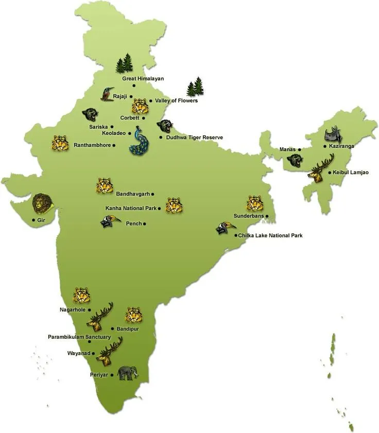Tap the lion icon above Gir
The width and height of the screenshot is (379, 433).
click(42, 203)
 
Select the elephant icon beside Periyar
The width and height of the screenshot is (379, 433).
click(127, 373)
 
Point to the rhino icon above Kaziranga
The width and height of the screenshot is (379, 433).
click(333, 134)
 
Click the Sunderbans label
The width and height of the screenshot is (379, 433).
click(248, 216)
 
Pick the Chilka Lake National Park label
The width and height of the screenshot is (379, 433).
click(271, 235)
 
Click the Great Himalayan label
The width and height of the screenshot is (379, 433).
click(143, 79)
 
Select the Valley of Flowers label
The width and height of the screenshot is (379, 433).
click(176, 100)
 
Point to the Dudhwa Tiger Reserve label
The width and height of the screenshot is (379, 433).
click(194, 137)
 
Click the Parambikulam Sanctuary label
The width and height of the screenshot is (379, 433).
click(79, 337)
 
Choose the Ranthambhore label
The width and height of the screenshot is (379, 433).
click(93, 145)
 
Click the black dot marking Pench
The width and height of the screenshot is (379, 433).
click(145, 224)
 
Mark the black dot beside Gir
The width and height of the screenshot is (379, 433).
click(33, 220)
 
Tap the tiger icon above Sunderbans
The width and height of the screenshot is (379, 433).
click(254, 203)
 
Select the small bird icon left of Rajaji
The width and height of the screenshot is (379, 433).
click(107, 94)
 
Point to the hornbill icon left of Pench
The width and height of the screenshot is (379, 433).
click(110, 221)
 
